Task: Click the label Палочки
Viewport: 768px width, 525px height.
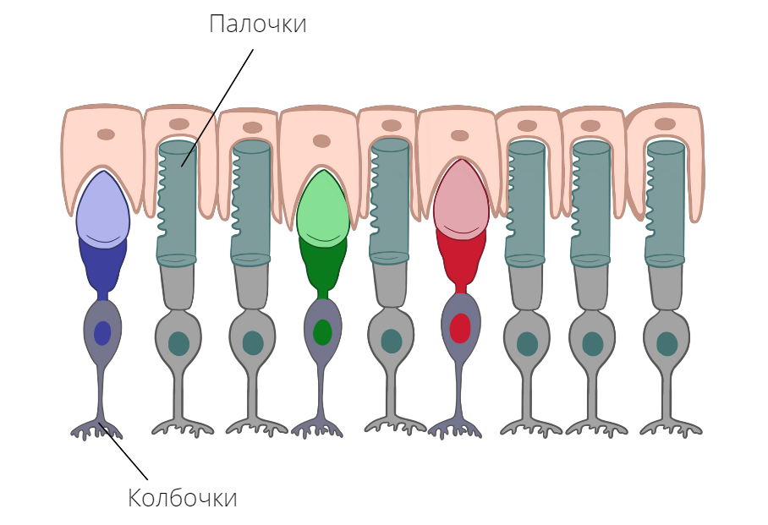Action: pyautogui.click(x=258, y=24)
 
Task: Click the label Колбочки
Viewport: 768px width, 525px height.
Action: pyautogui.click(x=182, y=498)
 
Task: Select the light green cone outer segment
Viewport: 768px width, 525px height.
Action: pyautogui.click(x=323, y=209)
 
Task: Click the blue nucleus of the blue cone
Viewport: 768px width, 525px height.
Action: pyautogui.click(x=101, y=333)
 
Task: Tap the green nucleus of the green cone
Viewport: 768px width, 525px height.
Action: pyautogui.click(x=322, y=332)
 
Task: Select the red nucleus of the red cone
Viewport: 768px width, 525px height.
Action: pyautogui.click(x=460, y=328)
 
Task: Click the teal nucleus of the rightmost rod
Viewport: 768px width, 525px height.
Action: pyautogui.click(x=667, y=343)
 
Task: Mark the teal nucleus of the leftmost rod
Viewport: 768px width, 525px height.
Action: pyautogui.click(x=178, y=343)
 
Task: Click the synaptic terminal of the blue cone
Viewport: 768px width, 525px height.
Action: pyautogui.click(x=96, y=429)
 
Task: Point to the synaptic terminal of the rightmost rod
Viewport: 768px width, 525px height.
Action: pyautogui.click(x=671, y=428)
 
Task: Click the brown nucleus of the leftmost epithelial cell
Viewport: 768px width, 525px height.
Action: pyautogui.click(x=106, y=134)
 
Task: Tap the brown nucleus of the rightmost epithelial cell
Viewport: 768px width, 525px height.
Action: pyautogui.click(x=665, y=124)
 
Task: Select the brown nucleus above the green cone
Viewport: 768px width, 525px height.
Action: pyautogui.click(x=321, y=141)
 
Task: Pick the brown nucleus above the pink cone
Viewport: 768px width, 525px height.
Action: pyautogui.click(x=459, y=135)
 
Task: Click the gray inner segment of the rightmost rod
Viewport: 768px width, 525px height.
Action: pyautogui.click(x=665, y=287)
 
